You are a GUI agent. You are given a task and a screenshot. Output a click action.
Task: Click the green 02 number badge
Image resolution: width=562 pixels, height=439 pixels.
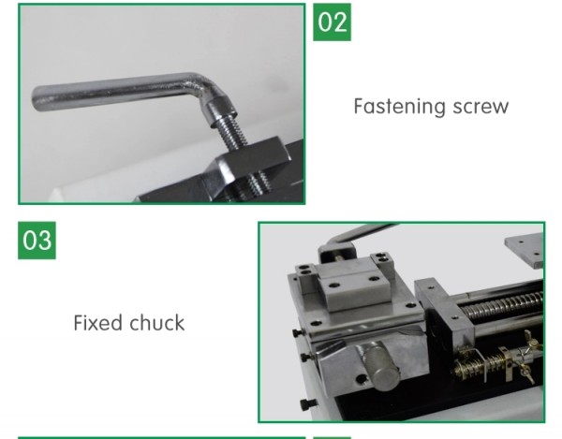coord(332,22)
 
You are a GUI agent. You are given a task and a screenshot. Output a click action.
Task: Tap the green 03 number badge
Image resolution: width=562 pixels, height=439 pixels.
coord(37,241)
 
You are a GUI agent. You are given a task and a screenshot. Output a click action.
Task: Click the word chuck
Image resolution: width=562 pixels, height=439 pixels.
coord(156,323)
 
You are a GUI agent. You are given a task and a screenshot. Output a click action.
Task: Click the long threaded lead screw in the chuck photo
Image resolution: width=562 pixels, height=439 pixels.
coord(502,305)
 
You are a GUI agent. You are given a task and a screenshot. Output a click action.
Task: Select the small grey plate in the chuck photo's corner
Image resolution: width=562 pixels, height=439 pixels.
coord(525,249)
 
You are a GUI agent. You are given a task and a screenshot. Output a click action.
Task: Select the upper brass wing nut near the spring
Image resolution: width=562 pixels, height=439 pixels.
coord(531,340)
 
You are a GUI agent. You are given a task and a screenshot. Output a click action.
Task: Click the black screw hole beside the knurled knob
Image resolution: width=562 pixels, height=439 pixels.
coord(361,378)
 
